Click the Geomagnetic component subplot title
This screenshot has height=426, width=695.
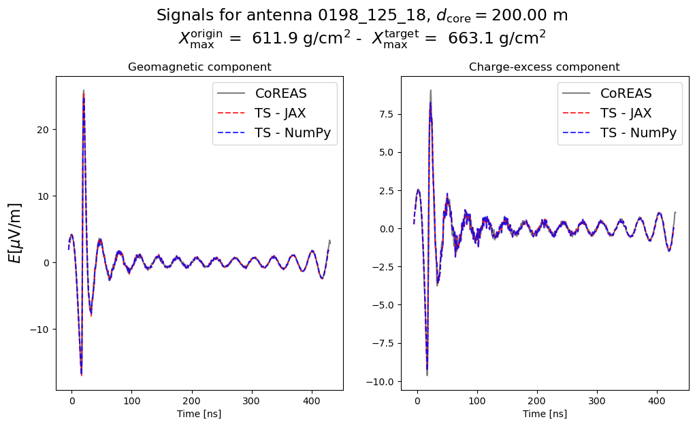click(199, 67)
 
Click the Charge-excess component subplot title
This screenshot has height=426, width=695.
click(544, 67)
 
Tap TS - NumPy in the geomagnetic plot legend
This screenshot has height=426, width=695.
click(292, 133)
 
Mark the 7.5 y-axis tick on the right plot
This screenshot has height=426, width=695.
click(386, 106)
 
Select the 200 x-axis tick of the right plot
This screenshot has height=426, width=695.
click(537, 402)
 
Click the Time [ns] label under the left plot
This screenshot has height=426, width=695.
click(199, 414)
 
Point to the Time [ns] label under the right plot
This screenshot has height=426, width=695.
click(544, 414)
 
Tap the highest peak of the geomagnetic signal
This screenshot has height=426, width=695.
click(84, 91)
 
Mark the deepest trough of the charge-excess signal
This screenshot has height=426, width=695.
click(427, 374)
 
